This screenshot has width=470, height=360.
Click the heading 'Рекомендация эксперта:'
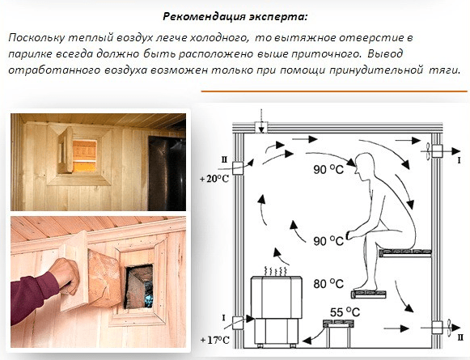click(x=235, y=16)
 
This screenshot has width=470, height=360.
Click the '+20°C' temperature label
click(x=214, y=179)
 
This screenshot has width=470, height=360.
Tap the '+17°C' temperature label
click(x=214, y=341)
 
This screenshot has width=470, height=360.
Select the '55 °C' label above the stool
click(x=345, y=312)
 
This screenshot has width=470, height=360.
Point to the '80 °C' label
click(x=328, y=284)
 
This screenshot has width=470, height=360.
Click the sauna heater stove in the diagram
click(x=276, y=310)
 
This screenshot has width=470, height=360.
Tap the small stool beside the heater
click(x=338, y=332)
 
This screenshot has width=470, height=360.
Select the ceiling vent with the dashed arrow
click(x=261, y=127)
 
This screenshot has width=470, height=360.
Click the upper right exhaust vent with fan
click(x=436, y=151)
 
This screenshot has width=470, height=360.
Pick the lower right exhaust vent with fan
click(x=438, y=328)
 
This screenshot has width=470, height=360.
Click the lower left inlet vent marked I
click(x=238, y=323)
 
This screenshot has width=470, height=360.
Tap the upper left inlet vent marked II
click(x=239, y=168)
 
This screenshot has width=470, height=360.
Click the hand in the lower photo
click(x=65, y=276)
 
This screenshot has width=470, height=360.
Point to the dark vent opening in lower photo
click(x=139, y=286)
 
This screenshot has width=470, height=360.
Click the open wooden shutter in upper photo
click(x=66, y=150)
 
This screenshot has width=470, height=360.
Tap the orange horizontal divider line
click(x=334, y=91)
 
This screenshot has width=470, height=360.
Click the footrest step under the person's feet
click(x=369, y=294)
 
